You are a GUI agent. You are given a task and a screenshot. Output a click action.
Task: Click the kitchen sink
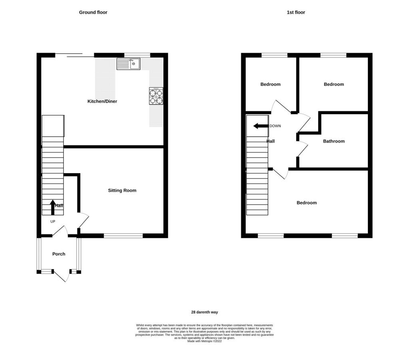coord(128,63)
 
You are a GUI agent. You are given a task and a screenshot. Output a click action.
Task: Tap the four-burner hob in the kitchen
coord(156,96)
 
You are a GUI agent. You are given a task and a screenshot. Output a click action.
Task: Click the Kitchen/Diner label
coord(102,101)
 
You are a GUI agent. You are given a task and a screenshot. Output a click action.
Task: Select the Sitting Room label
coord(122,190)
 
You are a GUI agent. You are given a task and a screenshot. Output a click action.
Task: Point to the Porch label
coord(59,254)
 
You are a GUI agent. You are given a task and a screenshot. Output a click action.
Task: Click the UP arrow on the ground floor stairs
coord(53,207)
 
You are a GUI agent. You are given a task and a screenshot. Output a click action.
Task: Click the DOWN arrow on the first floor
coord(261,126)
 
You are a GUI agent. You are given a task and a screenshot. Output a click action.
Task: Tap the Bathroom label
coord(334,141)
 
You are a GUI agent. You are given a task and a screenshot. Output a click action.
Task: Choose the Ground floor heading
coord(93,12)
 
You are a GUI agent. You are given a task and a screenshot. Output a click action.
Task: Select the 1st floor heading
coord(296,12)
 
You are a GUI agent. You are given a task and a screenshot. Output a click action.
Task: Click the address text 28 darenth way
coord(204,312)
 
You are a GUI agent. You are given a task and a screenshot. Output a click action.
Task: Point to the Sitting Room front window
coord(123,236)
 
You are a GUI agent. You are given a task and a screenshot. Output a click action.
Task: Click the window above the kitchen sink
coord(137,55)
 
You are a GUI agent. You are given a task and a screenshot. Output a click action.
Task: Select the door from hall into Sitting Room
coord(84,221)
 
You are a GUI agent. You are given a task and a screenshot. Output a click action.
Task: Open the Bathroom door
coord(303,149)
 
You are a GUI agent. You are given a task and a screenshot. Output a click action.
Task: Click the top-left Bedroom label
coord(270,84)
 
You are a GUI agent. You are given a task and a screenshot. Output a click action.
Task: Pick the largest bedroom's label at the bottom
coord(307,202)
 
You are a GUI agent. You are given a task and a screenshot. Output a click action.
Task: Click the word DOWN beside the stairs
coord(275,126)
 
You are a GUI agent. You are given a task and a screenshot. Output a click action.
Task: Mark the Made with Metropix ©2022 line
coord(204,341)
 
